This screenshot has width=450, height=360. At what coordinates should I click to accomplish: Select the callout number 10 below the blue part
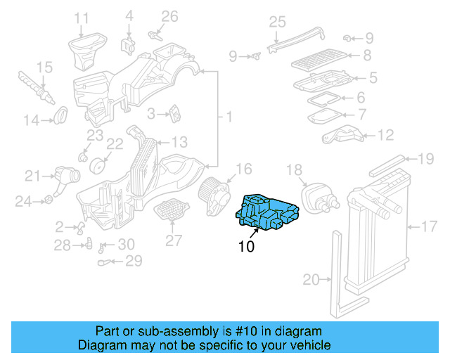(x=246, y=247)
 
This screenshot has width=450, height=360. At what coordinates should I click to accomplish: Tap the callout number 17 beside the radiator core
(x=430, y=226)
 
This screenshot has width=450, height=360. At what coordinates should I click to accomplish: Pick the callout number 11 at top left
(x=82, y=18)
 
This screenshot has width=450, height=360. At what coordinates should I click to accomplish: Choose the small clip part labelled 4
(x=129, y=44)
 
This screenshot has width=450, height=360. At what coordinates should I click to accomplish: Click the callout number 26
(x=170, y=15)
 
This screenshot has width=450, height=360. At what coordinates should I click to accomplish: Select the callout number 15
(x=44, y=67)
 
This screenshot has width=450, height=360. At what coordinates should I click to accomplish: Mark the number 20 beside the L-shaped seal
(x=311, y=280)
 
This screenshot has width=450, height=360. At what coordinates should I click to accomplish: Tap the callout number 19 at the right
(x=427, y=159)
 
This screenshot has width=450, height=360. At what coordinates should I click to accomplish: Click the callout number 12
(x=386, y=135)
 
